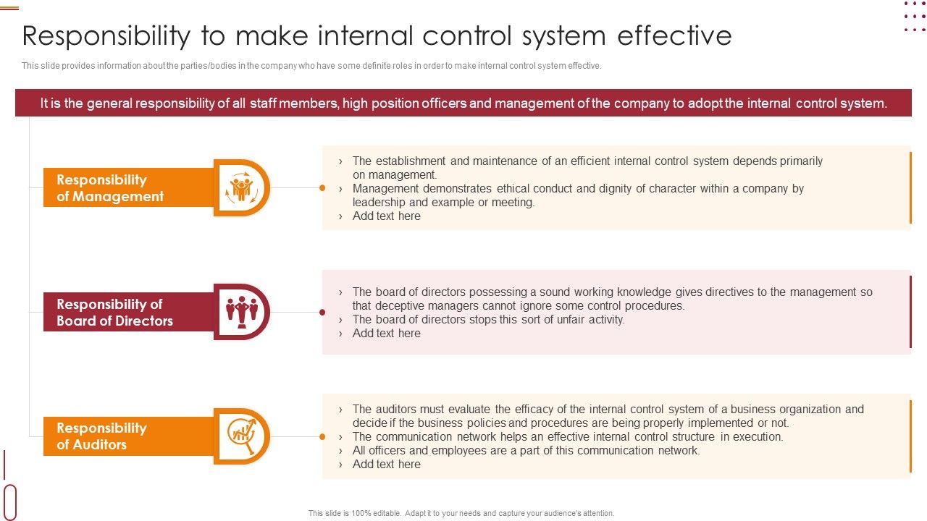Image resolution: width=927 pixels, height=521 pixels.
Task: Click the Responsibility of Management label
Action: pyautogui.click(x=110, y=188)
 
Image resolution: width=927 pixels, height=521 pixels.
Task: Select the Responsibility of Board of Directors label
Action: pyautogui.click(x=114, y=313)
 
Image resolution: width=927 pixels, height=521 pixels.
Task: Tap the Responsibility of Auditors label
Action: pyautogui.click(x=101, y=436)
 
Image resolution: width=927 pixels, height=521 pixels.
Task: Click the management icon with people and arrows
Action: pyautogui.click(x=241, y=188)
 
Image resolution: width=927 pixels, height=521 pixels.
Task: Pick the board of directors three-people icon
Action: pyautogui.click(x=241, y=312)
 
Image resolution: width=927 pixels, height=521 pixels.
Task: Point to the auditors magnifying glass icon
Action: pyautogui.click(x=241, y=436)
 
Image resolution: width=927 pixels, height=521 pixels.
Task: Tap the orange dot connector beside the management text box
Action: pyautogui.click(x=322, y=188)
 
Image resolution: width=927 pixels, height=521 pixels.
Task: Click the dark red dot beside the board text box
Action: pyautogui.click(x=322, y=313)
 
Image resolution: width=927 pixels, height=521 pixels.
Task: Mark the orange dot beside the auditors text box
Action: pyautogui.click(x=322, y=436)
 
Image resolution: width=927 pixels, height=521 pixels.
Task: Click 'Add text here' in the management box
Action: pyautogui.click(x=386, y=216)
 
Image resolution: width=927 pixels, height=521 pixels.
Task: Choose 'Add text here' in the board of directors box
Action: pyautogui.click(x=386, y=334)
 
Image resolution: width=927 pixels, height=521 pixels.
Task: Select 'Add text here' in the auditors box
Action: pyautogui.click(x=386, y=465)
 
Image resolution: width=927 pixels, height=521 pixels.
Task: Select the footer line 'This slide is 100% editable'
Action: pyautogui.click(x=461, y=513)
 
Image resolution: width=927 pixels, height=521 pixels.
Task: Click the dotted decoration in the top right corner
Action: pyautogui.click(x=915, y=17)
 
